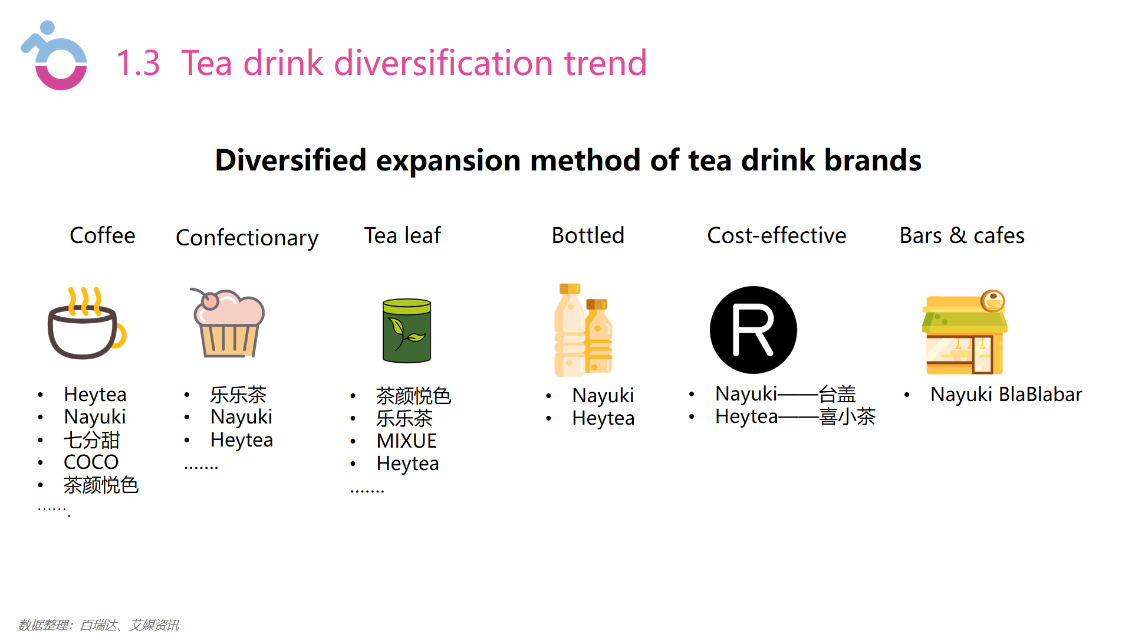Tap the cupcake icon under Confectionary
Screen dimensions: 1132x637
click(228, 323)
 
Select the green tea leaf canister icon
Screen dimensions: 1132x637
click(407, 330)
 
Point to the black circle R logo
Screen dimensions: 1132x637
click(753, 330)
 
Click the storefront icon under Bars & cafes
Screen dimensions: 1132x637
click(965, 333)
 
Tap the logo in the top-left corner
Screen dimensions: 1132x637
click(54, 56)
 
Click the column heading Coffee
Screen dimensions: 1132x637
click(103, 235)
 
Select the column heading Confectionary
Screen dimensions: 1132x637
click(247, 238)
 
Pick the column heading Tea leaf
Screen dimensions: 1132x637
click(403, 235)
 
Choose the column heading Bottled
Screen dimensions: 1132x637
click(588, 235)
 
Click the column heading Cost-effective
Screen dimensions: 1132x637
click(776, 235)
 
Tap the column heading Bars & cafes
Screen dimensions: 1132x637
click(962, 235)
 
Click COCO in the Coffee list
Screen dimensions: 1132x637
click(91, 462)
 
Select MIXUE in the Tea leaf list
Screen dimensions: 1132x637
click(407, 441)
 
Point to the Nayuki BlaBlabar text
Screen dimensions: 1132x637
click(1006, 394)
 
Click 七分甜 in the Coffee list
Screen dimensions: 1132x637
click(92, 439)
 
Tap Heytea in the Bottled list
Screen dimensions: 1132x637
click(603, 418)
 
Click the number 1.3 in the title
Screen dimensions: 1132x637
click(138, 63)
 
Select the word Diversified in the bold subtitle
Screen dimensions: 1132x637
click(291, 160)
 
